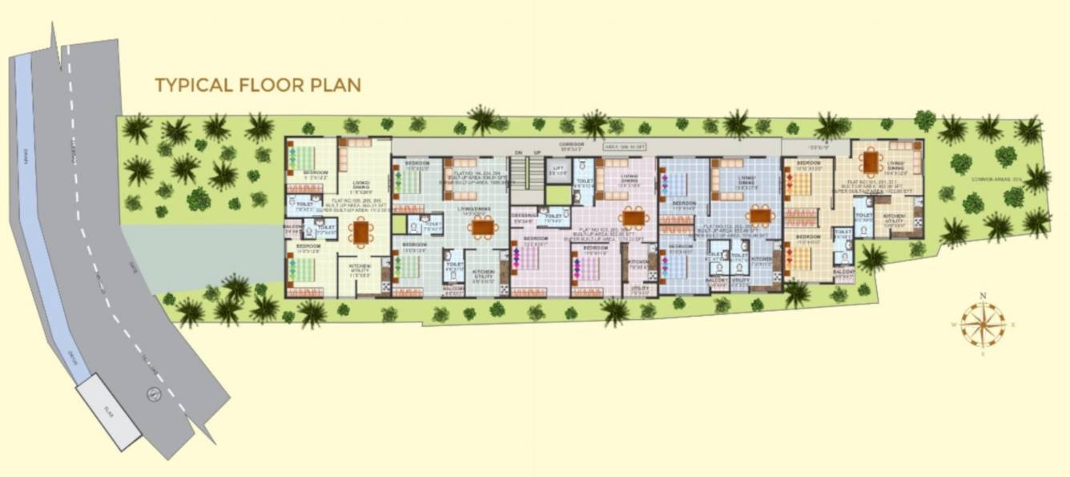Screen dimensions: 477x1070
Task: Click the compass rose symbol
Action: [983, 324]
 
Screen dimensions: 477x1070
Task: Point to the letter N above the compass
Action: [983, 295]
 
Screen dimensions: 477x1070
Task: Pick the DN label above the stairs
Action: [517, 152]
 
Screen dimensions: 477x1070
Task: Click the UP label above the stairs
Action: [537, 152]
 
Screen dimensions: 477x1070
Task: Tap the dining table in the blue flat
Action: [758, 216]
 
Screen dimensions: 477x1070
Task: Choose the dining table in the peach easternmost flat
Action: [871, 162]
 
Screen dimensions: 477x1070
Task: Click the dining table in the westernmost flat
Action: [361, 232]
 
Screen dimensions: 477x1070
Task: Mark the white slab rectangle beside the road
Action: [109, 414]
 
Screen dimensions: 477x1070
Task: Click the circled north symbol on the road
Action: [151, 393]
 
